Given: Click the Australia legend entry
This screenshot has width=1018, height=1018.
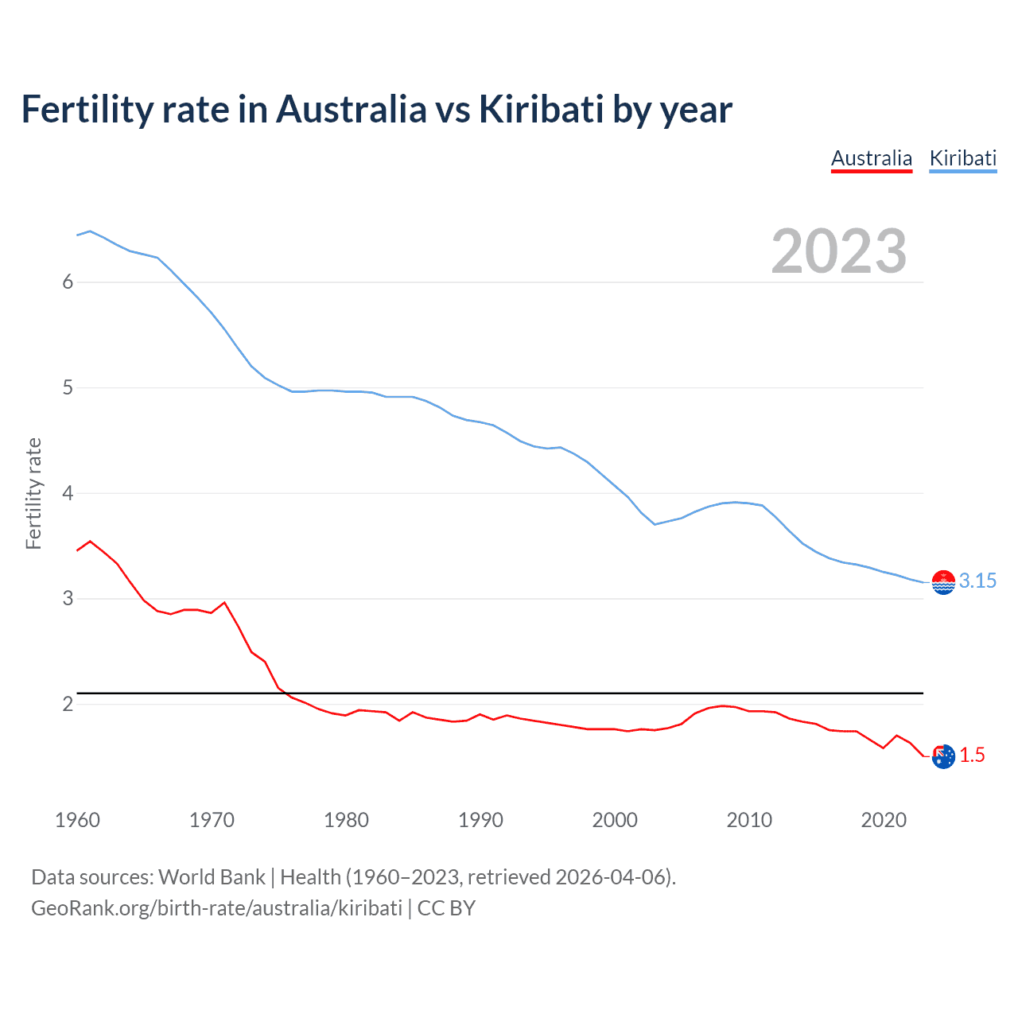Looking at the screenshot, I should pyautogui.click(x=871, y=158).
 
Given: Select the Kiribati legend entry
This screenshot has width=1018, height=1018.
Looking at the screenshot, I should pyautogui.click(x=962, y=158).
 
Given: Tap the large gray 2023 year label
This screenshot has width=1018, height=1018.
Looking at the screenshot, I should pyautogui.click(x=839, y=251).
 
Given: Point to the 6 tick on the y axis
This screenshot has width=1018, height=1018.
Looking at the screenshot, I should pyautogui.click(x=68, y=282).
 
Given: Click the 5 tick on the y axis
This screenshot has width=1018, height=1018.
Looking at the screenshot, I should pyautogui.click(x=68, y=387).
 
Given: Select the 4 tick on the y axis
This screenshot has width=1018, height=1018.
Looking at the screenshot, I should pyautogui.click(x=68, y=493).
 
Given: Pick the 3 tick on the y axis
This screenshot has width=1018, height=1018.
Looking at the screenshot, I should pyautogui.click(x=68, y=598).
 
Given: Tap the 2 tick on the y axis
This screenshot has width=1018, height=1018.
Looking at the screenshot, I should pyautogui.click(x=68, y=704).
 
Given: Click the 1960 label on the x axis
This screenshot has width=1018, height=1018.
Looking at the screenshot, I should pyautogui.click(x=77, y=820).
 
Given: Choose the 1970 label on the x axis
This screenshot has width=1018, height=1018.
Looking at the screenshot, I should pyautogui.click(x=212, y=820).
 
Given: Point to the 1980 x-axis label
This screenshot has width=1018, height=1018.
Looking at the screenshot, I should pyautogui.click(x=346, y=820).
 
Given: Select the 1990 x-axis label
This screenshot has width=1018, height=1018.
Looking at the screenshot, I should pyautogui.click(x=480, y=820).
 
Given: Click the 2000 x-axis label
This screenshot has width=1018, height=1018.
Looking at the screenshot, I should pyautogui.click(x=615, y=820).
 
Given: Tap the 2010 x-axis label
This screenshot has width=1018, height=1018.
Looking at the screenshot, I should pyautogui.click(x=749, y=820).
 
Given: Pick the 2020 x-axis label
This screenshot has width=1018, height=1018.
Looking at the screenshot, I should pyautogui.click(x=884, y=820).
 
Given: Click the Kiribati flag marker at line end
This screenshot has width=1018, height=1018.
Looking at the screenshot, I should pyautogui.click(x=943, y=583).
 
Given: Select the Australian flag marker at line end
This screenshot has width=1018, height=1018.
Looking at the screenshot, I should pyautogui.click(x=943, y=756).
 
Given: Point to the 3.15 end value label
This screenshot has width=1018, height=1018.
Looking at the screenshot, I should pyautogui.click(x=977, y=581).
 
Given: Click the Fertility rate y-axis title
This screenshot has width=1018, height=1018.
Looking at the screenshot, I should pyautogui.click(x=33, y=493).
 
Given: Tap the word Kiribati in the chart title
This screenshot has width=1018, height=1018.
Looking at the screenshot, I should pyautogui.click(x=542, y=109).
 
